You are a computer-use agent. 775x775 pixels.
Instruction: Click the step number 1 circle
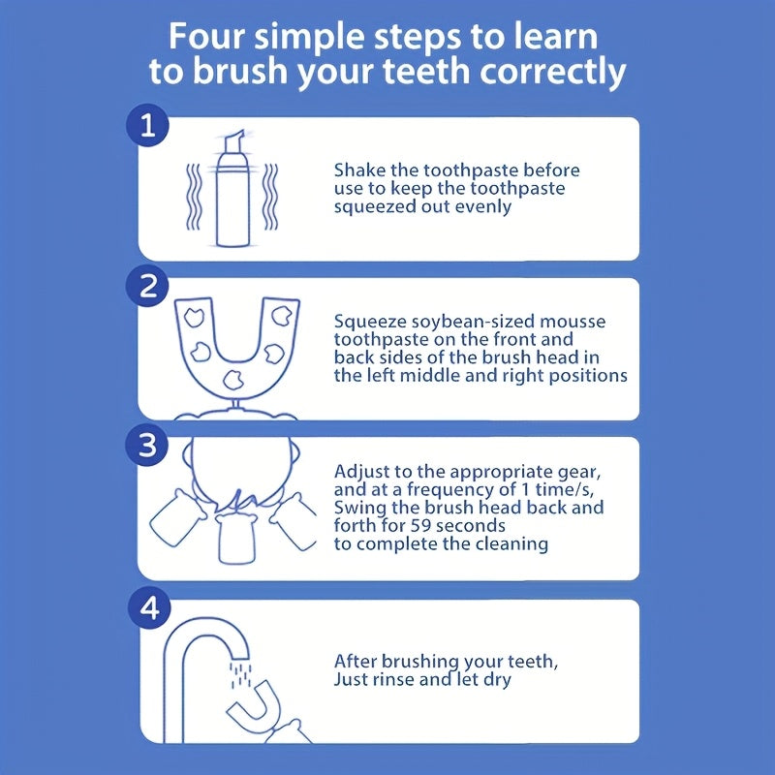(148, 126)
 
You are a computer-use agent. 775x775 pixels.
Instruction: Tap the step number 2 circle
(148, 286)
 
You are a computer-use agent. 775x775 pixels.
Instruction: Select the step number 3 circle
(148, 445)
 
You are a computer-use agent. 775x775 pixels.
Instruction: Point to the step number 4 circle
(149, 607)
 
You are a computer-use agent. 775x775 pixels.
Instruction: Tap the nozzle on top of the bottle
(234, 141)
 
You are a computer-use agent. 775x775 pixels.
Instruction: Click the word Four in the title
(207, 37)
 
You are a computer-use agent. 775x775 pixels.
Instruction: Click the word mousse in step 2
(573, 323)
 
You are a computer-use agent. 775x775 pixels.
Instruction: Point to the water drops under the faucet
(240, 674)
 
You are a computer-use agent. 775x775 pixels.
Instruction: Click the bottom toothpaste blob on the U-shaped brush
(232, 380)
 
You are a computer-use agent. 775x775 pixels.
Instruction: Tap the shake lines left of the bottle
(194, 197)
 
